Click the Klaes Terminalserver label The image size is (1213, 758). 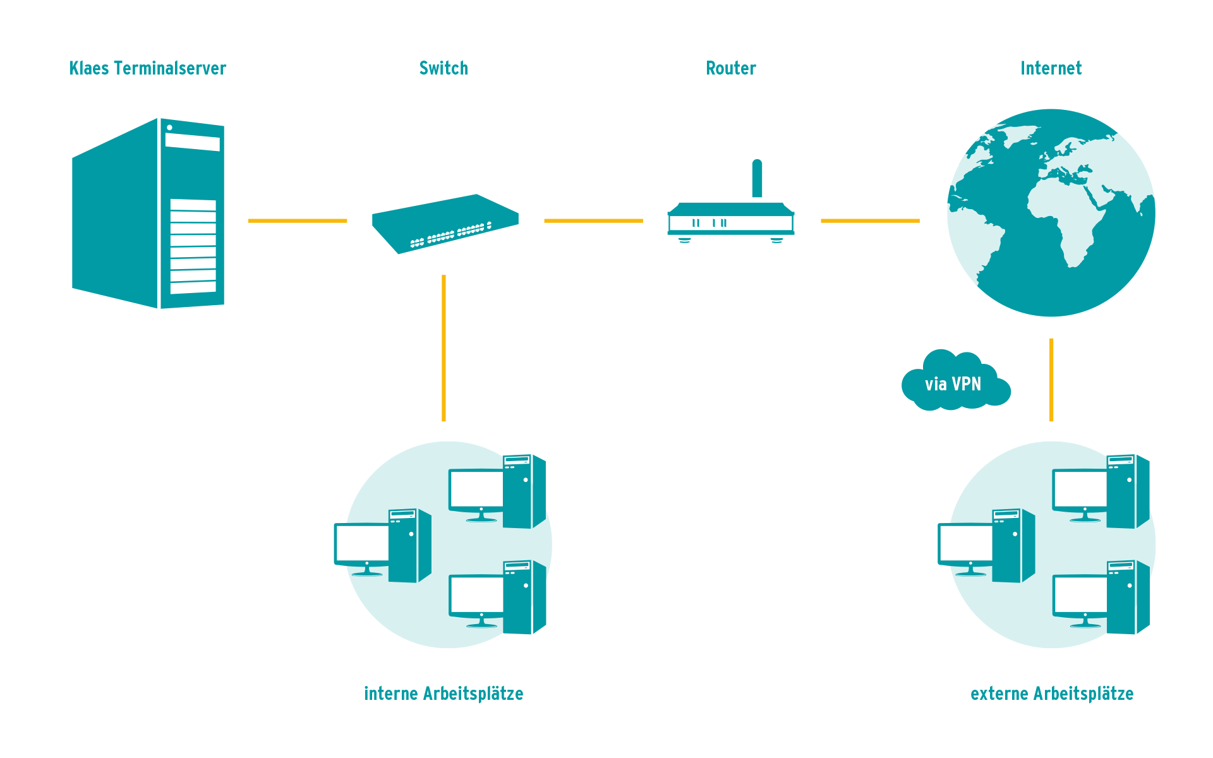tap(148, 68)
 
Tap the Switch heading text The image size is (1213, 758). tap(444, 68)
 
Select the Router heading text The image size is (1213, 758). tap(731, 68)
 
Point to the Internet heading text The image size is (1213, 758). tap(1051, 68)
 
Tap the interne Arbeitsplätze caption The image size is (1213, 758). tap(444, 694)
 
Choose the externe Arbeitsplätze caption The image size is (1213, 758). tap(1052, 694)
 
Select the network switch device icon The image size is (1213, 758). tap(445, 223)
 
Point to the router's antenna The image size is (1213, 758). tap(757, 178)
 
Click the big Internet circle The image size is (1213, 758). tap(1051, 212)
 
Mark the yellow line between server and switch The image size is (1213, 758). tap(298, 220)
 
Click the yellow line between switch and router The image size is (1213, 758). tap(593, 220)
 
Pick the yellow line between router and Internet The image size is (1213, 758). tap(870, 220)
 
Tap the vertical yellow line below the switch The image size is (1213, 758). tap(444, 347)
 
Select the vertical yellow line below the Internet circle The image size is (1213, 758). tap(1051, 379)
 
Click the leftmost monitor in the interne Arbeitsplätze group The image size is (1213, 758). tap(362, 543)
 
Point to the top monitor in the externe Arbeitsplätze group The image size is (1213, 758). tap(1080, 489)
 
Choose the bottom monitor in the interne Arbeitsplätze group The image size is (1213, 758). tap(477, 594)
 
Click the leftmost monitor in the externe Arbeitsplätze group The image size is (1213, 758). tap(965, 543)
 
